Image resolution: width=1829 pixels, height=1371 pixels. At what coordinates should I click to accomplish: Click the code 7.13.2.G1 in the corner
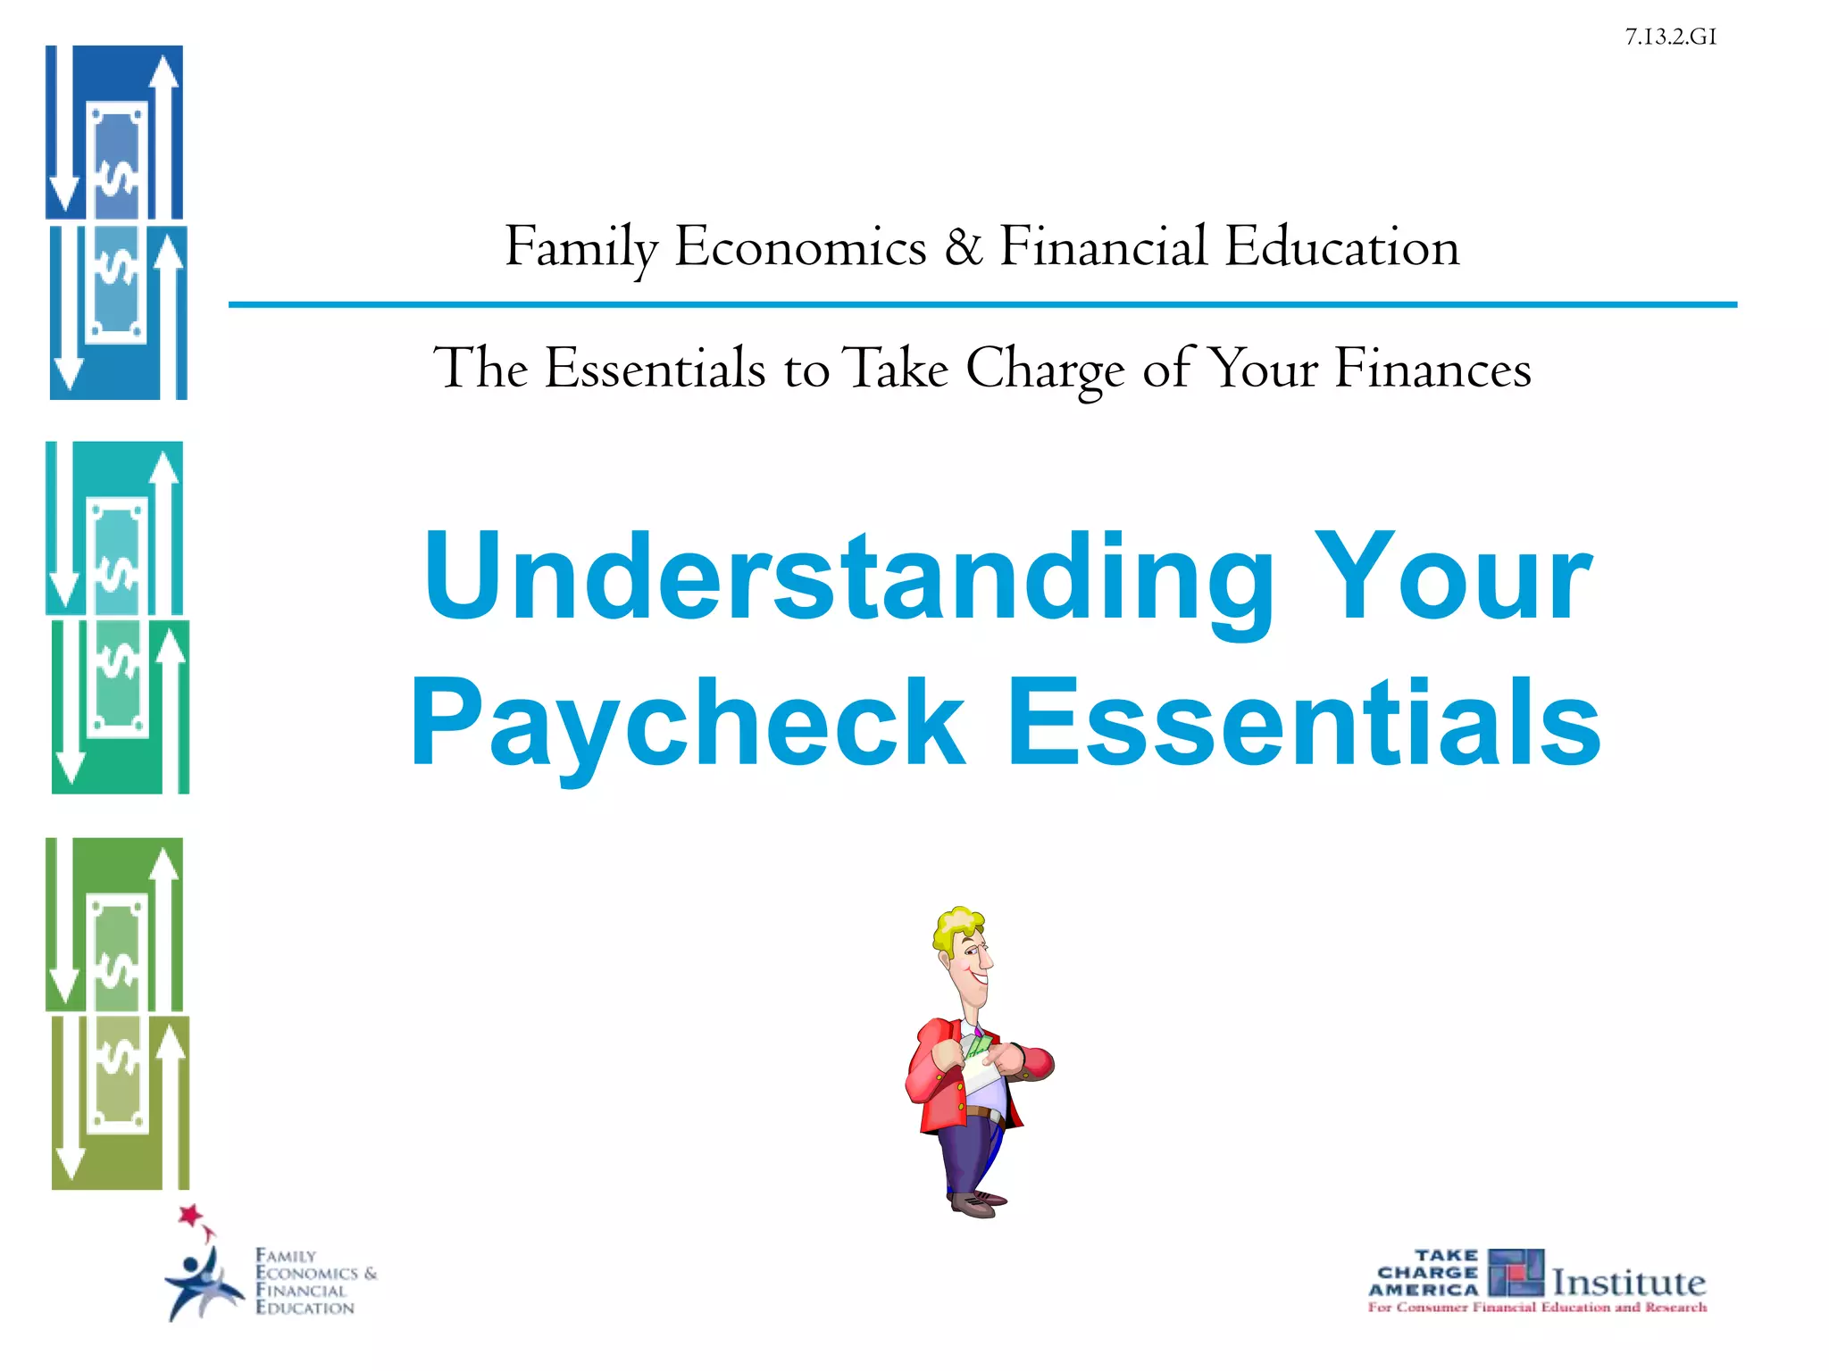point(1670,37)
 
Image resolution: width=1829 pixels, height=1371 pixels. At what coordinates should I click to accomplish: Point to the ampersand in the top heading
point(963,246)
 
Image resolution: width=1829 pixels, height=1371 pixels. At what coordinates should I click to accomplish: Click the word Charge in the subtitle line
point(1045,368)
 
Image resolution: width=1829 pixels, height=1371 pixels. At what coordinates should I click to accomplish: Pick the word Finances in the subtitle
point(1432,368)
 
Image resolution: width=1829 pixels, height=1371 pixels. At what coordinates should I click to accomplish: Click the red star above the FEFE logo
point(189,1215)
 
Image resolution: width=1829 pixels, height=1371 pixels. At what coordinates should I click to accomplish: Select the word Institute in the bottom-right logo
point(1628,1283)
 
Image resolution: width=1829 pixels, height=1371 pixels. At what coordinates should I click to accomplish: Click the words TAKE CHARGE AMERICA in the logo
point(1424,1273)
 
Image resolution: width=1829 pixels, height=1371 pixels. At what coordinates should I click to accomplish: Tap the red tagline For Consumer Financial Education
point(1536,1308)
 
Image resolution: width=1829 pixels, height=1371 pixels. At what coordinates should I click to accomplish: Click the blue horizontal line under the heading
point(982,305)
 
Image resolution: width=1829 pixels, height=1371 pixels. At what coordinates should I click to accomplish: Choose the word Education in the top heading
point(1341,246)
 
